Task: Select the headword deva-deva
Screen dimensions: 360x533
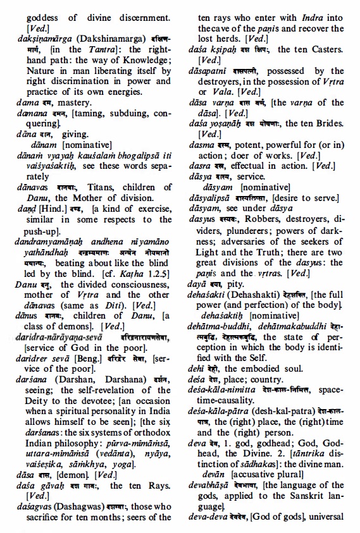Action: (210, 518)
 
